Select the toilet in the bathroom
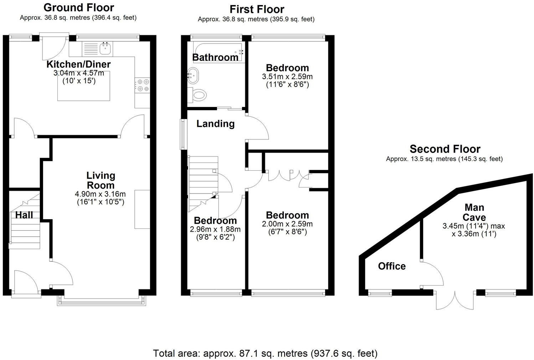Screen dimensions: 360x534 pos(199,95)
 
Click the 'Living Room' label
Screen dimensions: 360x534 pos(101,180)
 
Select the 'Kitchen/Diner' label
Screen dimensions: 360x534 pos(79,65)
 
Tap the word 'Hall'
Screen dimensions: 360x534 pos(24,215)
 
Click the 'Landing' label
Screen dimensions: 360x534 pos(215,124)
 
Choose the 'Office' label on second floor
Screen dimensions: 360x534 pos(392,266)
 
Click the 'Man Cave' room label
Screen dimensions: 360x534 pos(474,212)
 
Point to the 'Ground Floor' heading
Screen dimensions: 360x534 pos(79,7)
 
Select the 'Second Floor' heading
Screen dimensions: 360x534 pos(445,149)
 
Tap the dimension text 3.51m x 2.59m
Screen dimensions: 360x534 pos(287,77)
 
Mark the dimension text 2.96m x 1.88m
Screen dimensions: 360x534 pos(215,229)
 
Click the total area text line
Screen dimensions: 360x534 pos(265,353)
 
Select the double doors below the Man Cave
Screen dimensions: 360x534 pos(456,300)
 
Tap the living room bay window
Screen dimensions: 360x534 pos(102,301)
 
